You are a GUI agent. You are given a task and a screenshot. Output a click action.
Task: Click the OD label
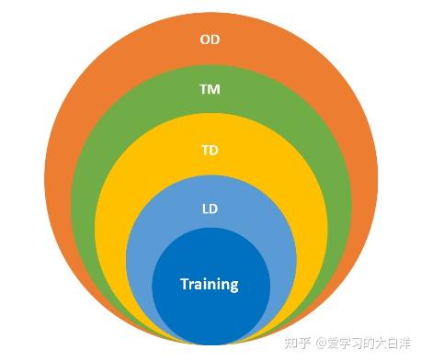pos(210,39)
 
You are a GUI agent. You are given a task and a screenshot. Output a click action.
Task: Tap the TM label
pos(210,90)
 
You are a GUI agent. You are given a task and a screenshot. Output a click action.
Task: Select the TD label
pos(210,149)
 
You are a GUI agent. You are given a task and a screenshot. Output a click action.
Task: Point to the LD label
pos(210,208)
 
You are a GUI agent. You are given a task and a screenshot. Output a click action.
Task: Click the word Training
pos(210,284)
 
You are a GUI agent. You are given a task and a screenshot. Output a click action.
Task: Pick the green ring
pos(101,165)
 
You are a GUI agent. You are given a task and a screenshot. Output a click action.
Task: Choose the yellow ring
pos(129,202)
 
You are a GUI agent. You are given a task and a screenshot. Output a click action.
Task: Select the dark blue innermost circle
pos(210,312)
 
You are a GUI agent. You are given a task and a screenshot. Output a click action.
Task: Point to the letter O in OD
pos(205,39)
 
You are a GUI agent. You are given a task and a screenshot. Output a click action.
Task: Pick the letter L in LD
pos(206,208)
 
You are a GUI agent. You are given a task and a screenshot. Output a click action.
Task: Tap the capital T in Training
pos(184,283)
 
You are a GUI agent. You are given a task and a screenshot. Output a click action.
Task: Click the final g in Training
pos(234,286)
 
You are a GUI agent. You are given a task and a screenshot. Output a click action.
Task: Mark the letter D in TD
pos(214,149)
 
